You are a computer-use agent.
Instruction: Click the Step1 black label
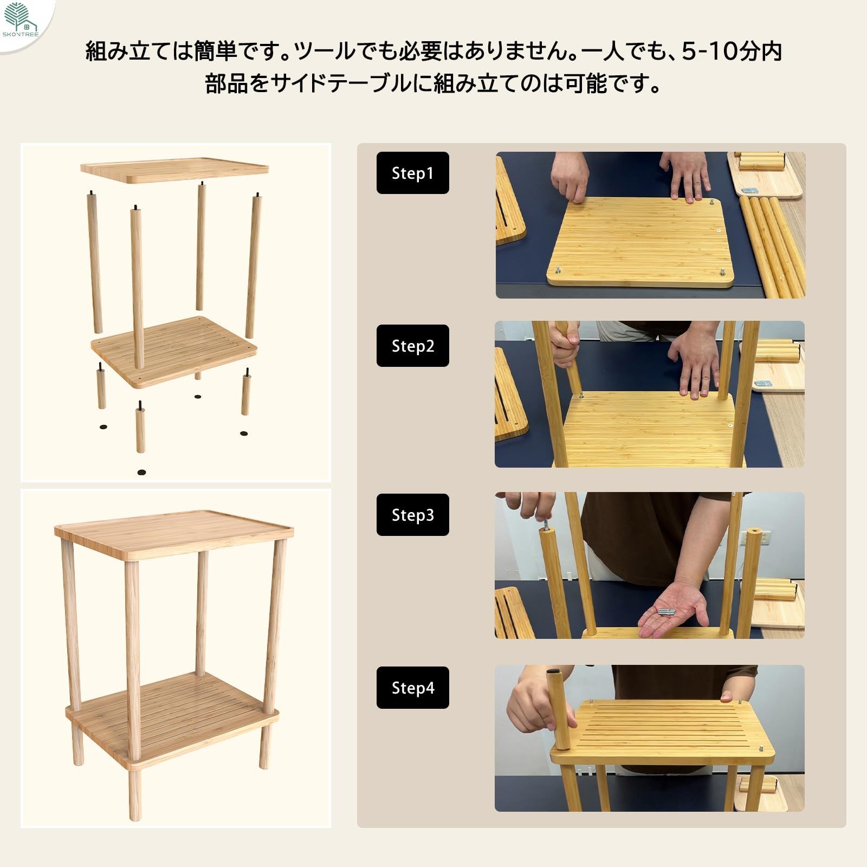(412, 173)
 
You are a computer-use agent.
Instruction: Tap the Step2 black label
(412, 346)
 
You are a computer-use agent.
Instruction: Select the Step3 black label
(412, 515)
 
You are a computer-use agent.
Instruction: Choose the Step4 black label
(412, 688)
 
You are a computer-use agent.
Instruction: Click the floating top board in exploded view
(174, 170)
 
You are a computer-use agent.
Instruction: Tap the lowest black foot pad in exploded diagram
(142, 473)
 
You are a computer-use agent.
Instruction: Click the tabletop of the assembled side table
(173, 534)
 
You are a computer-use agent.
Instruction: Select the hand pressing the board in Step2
(694, 360)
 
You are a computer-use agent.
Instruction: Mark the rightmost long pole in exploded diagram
(253, 266)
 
